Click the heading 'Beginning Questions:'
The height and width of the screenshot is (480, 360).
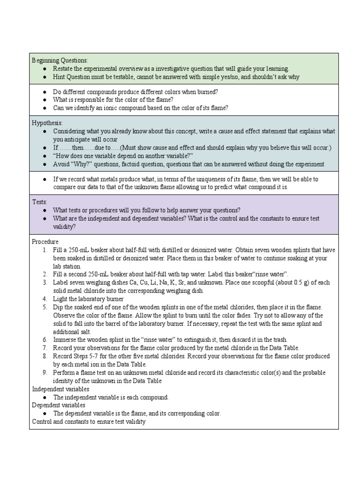[x=60, y=60]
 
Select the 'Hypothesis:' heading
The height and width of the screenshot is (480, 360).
[x=48, y=122]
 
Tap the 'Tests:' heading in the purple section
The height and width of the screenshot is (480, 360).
[x=39, y=202]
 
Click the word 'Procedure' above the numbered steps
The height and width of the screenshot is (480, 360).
[x=45, y=241]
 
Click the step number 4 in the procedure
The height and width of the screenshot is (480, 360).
[x=45, y=299]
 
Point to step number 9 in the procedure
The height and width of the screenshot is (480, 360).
[x=45, y=373]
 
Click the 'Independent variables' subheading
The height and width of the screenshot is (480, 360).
[x=60, y=389]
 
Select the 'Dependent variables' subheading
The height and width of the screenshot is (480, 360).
[x=59, y=405]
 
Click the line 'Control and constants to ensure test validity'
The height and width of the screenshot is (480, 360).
[x=89, y=421]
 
